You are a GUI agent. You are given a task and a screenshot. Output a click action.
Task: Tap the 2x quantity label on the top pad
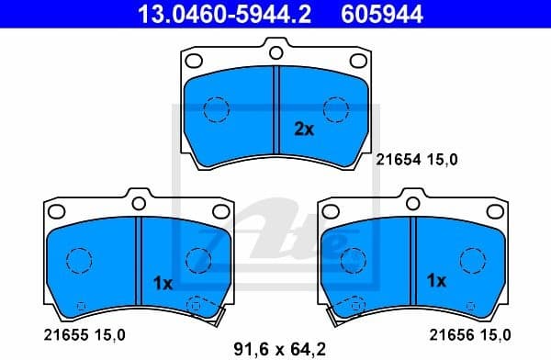[x=303, y=129]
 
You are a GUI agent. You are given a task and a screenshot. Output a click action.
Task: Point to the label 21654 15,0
[x=416, y=159]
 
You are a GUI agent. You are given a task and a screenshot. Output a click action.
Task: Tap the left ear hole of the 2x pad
[x=194, y=62]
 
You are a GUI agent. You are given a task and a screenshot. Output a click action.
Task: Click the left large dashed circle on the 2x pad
[x=216, y=109]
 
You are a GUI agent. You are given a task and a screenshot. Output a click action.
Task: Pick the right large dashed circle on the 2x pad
[x=337, y=109]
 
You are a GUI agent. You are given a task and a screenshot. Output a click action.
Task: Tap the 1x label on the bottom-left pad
[x=163, y=284]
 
